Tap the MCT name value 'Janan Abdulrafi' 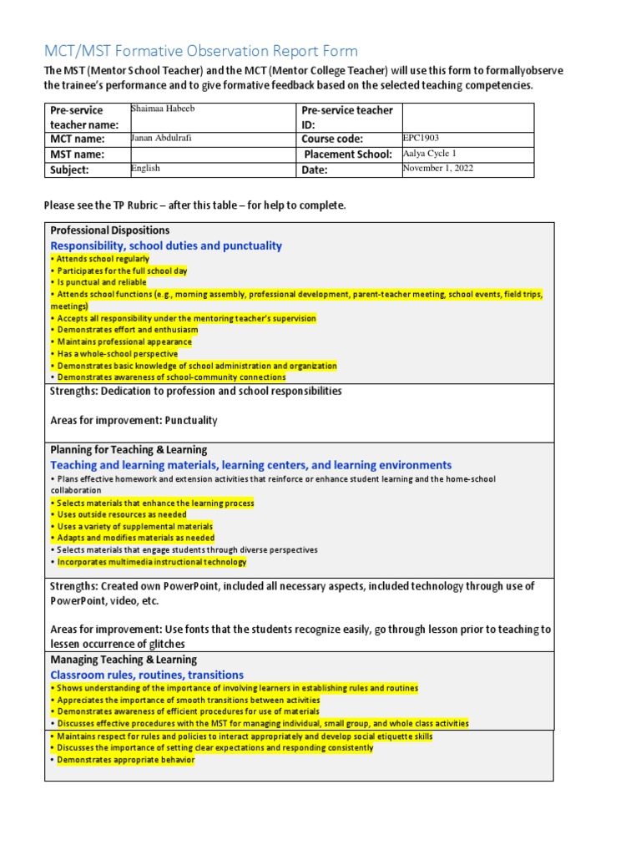click(162, 138)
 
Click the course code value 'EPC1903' click(420, 138)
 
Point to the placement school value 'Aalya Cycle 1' click(431, 154)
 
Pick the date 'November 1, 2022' click(439, 169)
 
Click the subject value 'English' click(145, 169)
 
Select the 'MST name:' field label click(78, 154)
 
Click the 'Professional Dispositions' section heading click(110, 230)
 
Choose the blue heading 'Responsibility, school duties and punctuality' click(166, 245)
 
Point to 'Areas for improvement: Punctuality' click(134, 420)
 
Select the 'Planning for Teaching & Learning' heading click(129, 450)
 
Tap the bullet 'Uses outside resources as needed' click(119, 515)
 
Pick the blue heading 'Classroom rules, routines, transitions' click(147, 675)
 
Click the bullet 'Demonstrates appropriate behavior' click(123, 760)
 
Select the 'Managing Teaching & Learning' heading click(121, 660)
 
